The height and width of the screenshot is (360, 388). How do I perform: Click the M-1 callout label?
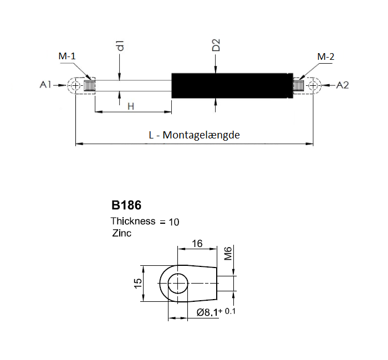click(x=67, y=56)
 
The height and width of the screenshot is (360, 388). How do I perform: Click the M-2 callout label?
click(x=326, y=57)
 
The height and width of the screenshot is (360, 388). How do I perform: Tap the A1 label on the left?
click(x=45, y=85)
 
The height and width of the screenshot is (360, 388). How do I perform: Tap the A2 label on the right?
click(x=343, y=85)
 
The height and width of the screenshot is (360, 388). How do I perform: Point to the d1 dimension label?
click(x=120, y=45)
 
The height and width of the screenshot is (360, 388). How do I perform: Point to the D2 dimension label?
click(x=216, y=45)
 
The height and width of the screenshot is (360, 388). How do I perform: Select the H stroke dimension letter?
click(x=131, y=106)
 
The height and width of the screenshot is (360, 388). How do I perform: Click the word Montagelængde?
click(x=201, y=135)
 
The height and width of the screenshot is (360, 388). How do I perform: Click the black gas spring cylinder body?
click(x=232, y=85)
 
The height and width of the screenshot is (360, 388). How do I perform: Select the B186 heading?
click(x=126, y=205)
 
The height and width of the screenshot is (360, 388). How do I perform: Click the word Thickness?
click(x=133, y=221)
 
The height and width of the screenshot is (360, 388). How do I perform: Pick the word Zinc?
click(x=121, y=233)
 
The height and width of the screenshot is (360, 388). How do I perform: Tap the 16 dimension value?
click(x=197, y=244)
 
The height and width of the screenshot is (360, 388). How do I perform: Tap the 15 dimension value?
click(x=138, y=283)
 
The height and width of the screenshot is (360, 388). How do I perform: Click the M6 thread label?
click(x=228, y=253)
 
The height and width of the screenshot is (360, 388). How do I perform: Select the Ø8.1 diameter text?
click(x=207, y=312)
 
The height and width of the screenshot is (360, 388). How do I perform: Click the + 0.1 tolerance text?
click(x=227, y=311)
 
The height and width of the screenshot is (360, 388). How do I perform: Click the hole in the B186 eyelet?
click(x=178, y=284)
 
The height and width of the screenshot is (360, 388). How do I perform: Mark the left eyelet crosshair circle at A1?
click(x=76, y=85)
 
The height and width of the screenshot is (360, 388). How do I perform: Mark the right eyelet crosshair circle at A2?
click(x=313, y=85)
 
